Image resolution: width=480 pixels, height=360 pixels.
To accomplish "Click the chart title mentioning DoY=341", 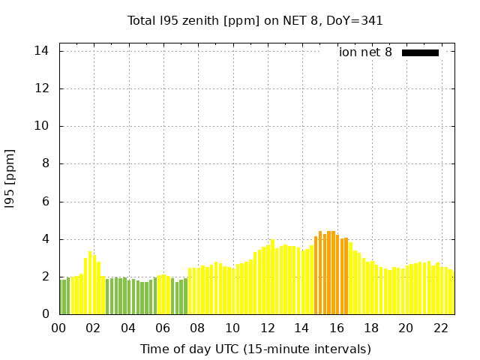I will pyautogui.click(x=255, y=21).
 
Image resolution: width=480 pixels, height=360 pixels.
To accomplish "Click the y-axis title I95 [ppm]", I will pyautogui.click(x=10, y=179).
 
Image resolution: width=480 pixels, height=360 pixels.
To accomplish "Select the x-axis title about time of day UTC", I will pyautogui.click(x=255, y=349).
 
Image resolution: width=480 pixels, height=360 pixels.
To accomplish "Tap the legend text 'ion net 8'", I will pyautogui.click(x=365, y=52).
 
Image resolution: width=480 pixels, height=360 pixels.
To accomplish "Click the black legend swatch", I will pyautogui.click(x=420, y=52).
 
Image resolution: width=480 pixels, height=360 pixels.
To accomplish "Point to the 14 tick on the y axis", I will pyautogui.click(x=42, y=51).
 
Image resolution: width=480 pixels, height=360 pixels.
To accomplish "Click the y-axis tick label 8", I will pyautogui.click(x=45, y=164).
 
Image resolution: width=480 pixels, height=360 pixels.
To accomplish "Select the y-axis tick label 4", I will pyautogui.click(x=45, y=239).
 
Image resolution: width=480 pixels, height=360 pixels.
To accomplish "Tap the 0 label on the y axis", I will pyautogui.click(x=45, y=315).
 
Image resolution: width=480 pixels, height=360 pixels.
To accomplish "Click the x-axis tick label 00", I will pyautogui.click(x=59, y=328).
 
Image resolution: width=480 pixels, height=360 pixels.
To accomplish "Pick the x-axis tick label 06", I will pyautogui.click(x=163, y=328).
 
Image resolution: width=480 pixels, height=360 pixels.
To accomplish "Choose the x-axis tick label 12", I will pyautogui.click(x=267, y=328).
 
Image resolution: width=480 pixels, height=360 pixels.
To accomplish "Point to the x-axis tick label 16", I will pyautogui.click(x=336, y=328).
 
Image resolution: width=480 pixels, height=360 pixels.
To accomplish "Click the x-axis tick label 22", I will pyautogui.click(x=440, y=328).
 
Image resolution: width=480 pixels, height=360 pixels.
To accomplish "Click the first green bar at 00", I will pyautogui.click(x=61, y=297).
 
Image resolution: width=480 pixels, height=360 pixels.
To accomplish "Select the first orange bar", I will pyautogui.click(x=316, y=276).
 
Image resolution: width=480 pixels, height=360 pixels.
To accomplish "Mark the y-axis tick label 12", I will pyautogui.click(x=42, y=88).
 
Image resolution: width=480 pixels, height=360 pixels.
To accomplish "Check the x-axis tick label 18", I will pyautogui.click(x=370, y=328).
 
